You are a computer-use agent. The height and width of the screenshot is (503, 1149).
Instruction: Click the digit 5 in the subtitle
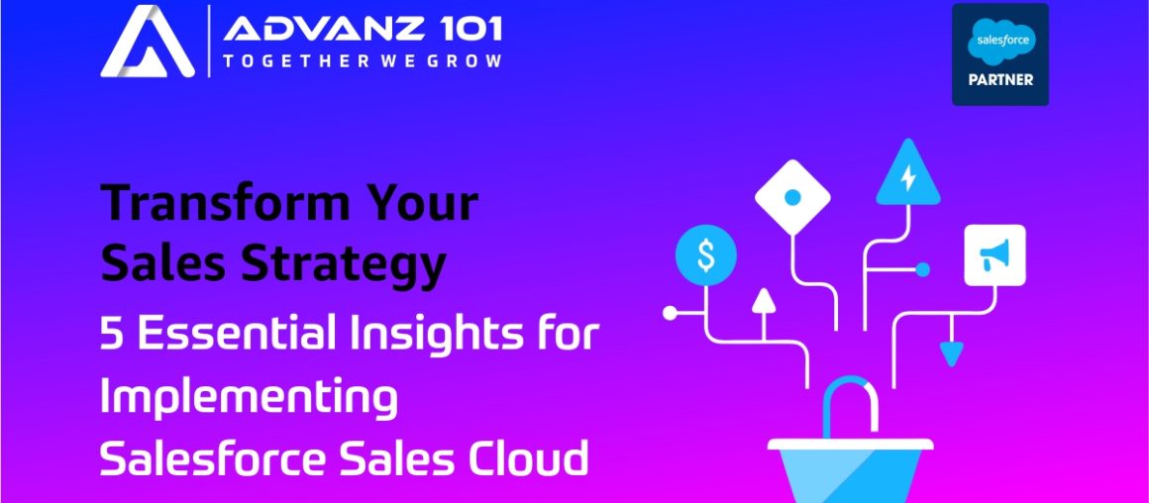coord(112,335)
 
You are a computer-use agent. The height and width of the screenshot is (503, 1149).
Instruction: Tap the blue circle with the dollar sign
coord(705,256)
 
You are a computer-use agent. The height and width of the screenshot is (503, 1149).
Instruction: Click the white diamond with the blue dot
coord(791,196)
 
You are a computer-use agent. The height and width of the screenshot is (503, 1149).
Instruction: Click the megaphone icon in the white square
coord(994,255)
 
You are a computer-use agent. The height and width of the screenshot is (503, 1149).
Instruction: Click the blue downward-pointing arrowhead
coord(952,353)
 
